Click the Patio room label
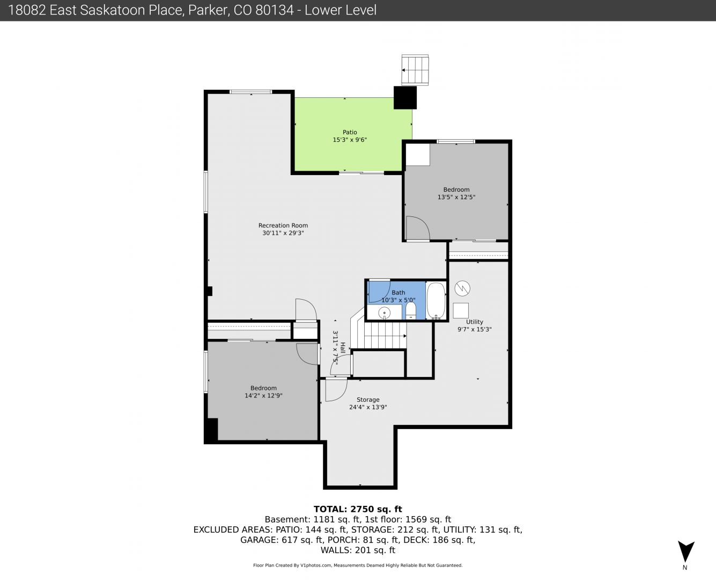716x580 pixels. click(x=350, y=132)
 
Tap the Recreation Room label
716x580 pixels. click(x=283, y=226)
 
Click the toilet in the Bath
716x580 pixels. click(x=411, y=311)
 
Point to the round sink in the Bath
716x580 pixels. click(x=384, y=313)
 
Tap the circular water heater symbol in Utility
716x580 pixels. click(x=462, y=288)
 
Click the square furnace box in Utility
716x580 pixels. click(x=461, y=311)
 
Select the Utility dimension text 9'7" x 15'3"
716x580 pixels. click(x=474, y=329)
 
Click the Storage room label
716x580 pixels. click(x=368, y=400)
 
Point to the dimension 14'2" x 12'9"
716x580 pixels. click(x=263, y=396)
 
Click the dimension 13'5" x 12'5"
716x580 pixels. click(x=456, y=197)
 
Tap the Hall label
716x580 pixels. click(x=343, y=347)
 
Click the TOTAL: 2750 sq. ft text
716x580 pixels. click(x=358, y=509)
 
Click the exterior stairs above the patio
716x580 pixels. click(x=415, y=70)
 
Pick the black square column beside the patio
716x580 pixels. click(x=405, y=98)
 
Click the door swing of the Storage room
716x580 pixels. click(x=336, y=390)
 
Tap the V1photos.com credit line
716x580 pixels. click(x=358, y=565)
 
